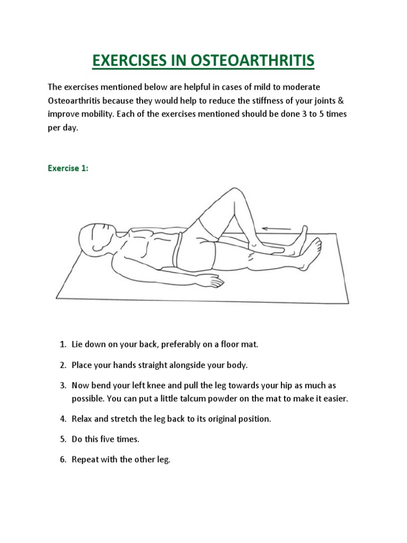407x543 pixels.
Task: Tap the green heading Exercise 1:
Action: pos(68,169)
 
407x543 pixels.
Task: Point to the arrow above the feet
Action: pos(277,229)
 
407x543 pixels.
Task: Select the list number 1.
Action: pos(62,345)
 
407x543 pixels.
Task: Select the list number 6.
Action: pos(62,460)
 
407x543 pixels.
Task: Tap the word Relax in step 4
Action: pos(83,419)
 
